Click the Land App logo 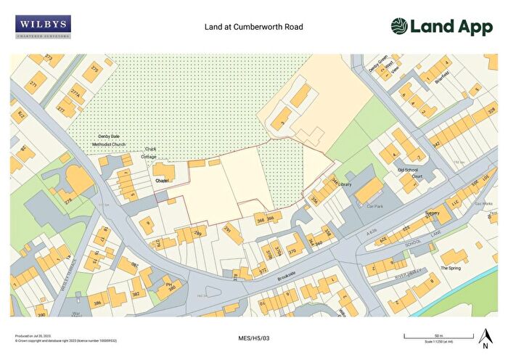click(x=441, y=27)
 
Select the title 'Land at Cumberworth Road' click(x=253, y=28)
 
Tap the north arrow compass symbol click(x=485, y=337)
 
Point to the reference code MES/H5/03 click(x=253, y=338)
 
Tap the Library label click(x=345, y=185)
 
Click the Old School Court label click(x=410, y=173)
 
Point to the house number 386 click(x=96, y=302)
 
